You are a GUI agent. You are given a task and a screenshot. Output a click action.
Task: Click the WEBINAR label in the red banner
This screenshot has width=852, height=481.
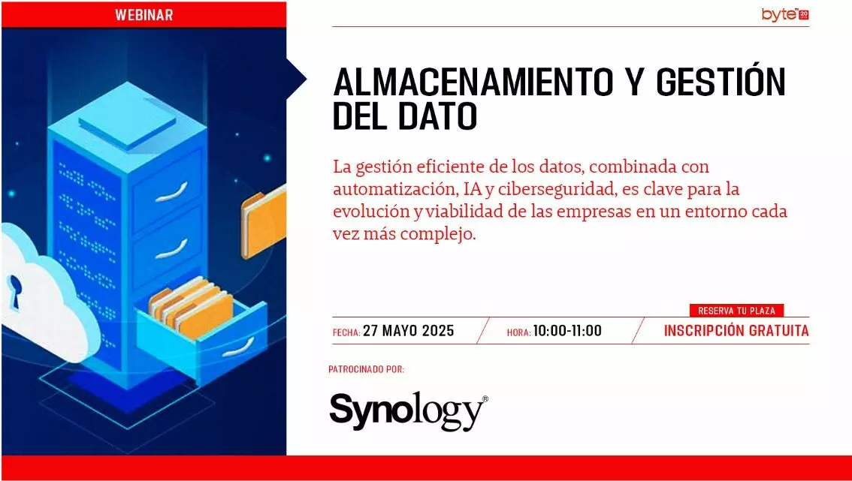pos(144,15)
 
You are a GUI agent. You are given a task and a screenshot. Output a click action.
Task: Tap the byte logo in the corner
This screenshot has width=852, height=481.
pos(785,15)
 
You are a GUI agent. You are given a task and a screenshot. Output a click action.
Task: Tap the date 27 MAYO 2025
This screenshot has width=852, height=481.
pos(408,331)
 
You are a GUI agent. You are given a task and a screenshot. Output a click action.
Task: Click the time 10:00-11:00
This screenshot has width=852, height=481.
pos(567,331)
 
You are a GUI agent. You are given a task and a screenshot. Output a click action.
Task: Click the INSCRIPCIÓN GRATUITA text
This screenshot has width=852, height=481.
pos(736,331)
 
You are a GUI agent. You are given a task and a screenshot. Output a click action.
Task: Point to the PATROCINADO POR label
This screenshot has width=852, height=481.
pos(366,370)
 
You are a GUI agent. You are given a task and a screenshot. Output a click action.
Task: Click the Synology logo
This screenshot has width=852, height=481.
pos(409,411)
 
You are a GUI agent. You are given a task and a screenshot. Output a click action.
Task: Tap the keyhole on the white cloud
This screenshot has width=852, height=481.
pos(15,292)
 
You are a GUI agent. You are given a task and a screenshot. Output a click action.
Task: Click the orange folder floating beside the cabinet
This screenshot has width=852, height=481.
pos(264,221)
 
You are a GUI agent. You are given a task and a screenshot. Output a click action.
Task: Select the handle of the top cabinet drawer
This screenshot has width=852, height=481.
pos(171,192)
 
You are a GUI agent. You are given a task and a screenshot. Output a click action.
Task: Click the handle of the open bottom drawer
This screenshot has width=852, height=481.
pos(237,347)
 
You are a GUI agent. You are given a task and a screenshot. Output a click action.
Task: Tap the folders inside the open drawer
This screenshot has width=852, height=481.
pos(191,309)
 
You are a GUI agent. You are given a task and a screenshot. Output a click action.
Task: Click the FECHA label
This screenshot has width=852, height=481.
pos(346,332)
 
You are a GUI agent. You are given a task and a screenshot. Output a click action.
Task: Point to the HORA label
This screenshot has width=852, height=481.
pos(518,332)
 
